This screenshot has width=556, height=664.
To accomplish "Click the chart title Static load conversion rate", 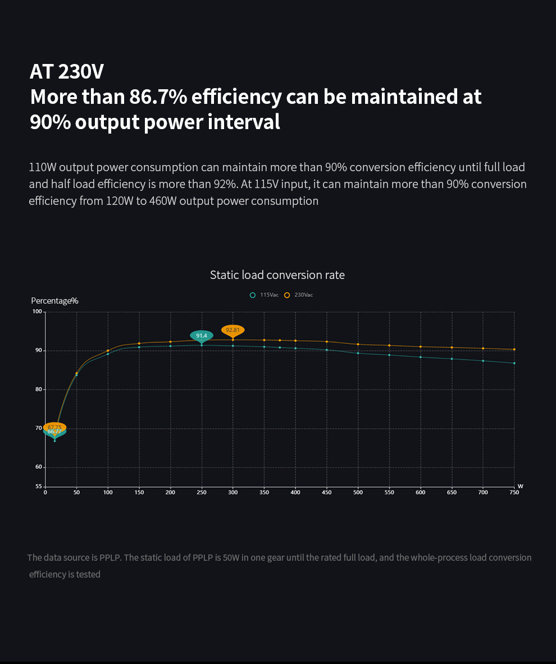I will [277, 275].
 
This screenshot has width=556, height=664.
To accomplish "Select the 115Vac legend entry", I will [265, 295].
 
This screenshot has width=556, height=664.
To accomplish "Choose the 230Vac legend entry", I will [299, 295].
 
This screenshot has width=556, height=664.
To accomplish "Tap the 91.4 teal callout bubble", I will [202, 336].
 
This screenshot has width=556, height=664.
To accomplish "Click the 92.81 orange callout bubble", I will [233, 330].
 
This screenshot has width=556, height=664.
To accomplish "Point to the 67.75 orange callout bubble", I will [54, 427].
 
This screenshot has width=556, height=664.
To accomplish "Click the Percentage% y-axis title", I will [54, 301].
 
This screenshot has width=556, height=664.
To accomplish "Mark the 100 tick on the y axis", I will [37, 312].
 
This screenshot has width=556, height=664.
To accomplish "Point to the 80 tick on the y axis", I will [38, 390].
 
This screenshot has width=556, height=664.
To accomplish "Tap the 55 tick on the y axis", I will [38, 487].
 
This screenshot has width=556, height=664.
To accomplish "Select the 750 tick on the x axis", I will [514, 493].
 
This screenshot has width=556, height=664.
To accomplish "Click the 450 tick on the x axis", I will [326, 493].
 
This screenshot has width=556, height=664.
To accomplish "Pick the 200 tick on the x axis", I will [170, 493].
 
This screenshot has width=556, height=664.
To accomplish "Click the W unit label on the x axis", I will [520, 486].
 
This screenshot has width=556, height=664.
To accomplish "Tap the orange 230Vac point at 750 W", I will [514, 349].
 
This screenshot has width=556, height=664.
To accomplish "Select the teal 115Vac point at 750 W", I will [514, 363].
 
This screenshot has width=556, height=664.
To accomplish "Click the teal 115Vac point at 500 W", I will [358, 353].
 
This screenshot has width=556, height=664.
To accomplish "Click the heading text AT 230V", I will [67, 72].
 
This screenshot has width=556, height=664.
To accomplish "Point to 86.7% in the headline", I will [158, 97].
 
